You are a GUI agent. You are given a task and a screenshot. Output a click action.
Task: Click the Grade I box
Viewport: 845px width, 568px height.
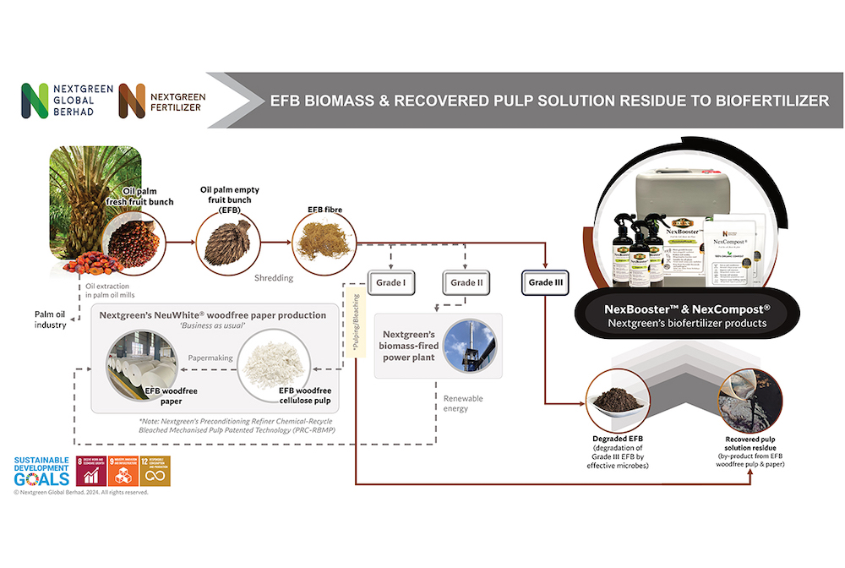tap(391, 283)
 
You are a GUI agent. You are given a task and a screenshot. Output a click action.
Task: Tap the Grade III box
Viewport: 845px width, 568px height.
tap(547, 283)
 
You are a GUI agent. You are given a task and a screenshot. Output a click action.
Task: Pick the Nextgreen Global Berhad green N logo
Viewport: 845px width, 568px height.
tap(35, 99)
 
